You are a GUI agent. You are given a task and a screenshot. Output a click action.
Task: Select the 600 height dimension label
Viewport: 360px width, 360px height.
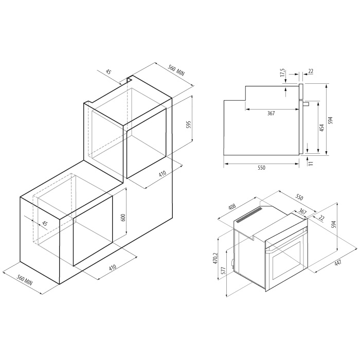123,218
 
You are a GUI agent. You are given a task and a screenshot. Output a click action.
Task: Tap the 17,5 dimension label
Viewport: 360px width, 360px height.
283,73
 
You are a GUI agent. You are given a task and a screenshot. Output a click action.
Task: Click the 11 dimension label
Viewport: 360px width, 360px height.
311,163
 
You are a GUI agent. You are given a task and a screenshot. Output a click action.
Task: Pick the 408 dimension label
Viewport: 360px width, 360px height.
232,207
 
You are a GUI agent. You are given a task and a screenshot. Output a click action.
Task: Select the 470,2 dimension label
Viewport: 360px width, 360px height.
215,258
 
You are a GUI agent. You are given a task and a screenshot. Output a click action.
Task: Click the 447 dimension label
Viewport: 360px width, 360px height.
338,262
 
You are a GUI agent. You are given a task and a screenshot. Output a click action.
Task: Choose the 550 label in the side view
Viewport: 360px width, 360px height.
261,168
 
